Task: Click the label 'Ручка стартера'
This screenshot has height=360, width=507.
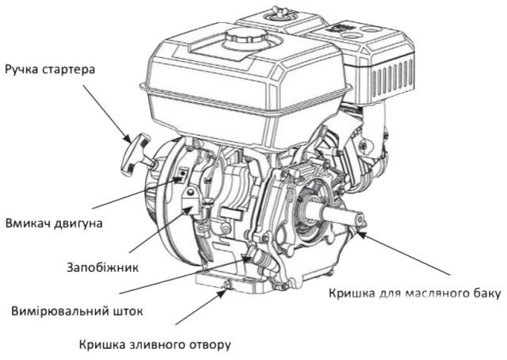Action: pos(50,70)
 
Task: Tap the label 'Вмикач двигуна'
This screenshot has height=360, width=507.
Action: pos(55,224)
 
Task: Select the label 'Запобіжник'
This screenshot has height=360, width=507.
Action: pos(103,268)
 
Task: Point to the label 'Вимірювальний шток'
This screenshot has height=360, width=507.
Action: pos(77,311)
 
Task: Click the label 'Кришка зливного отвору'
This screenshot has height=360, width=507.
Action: pos(155,345)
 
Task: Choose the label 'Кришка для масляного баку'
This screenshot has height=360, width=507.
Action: pos(415,293)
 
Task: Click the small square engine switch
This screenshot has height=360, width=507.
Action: pos(182,175)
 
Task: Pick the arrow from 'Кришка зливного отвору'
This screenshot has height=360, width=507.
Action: pos(200,307)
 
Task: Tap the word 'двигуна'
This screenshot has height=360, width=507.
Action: pos(78,224)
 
